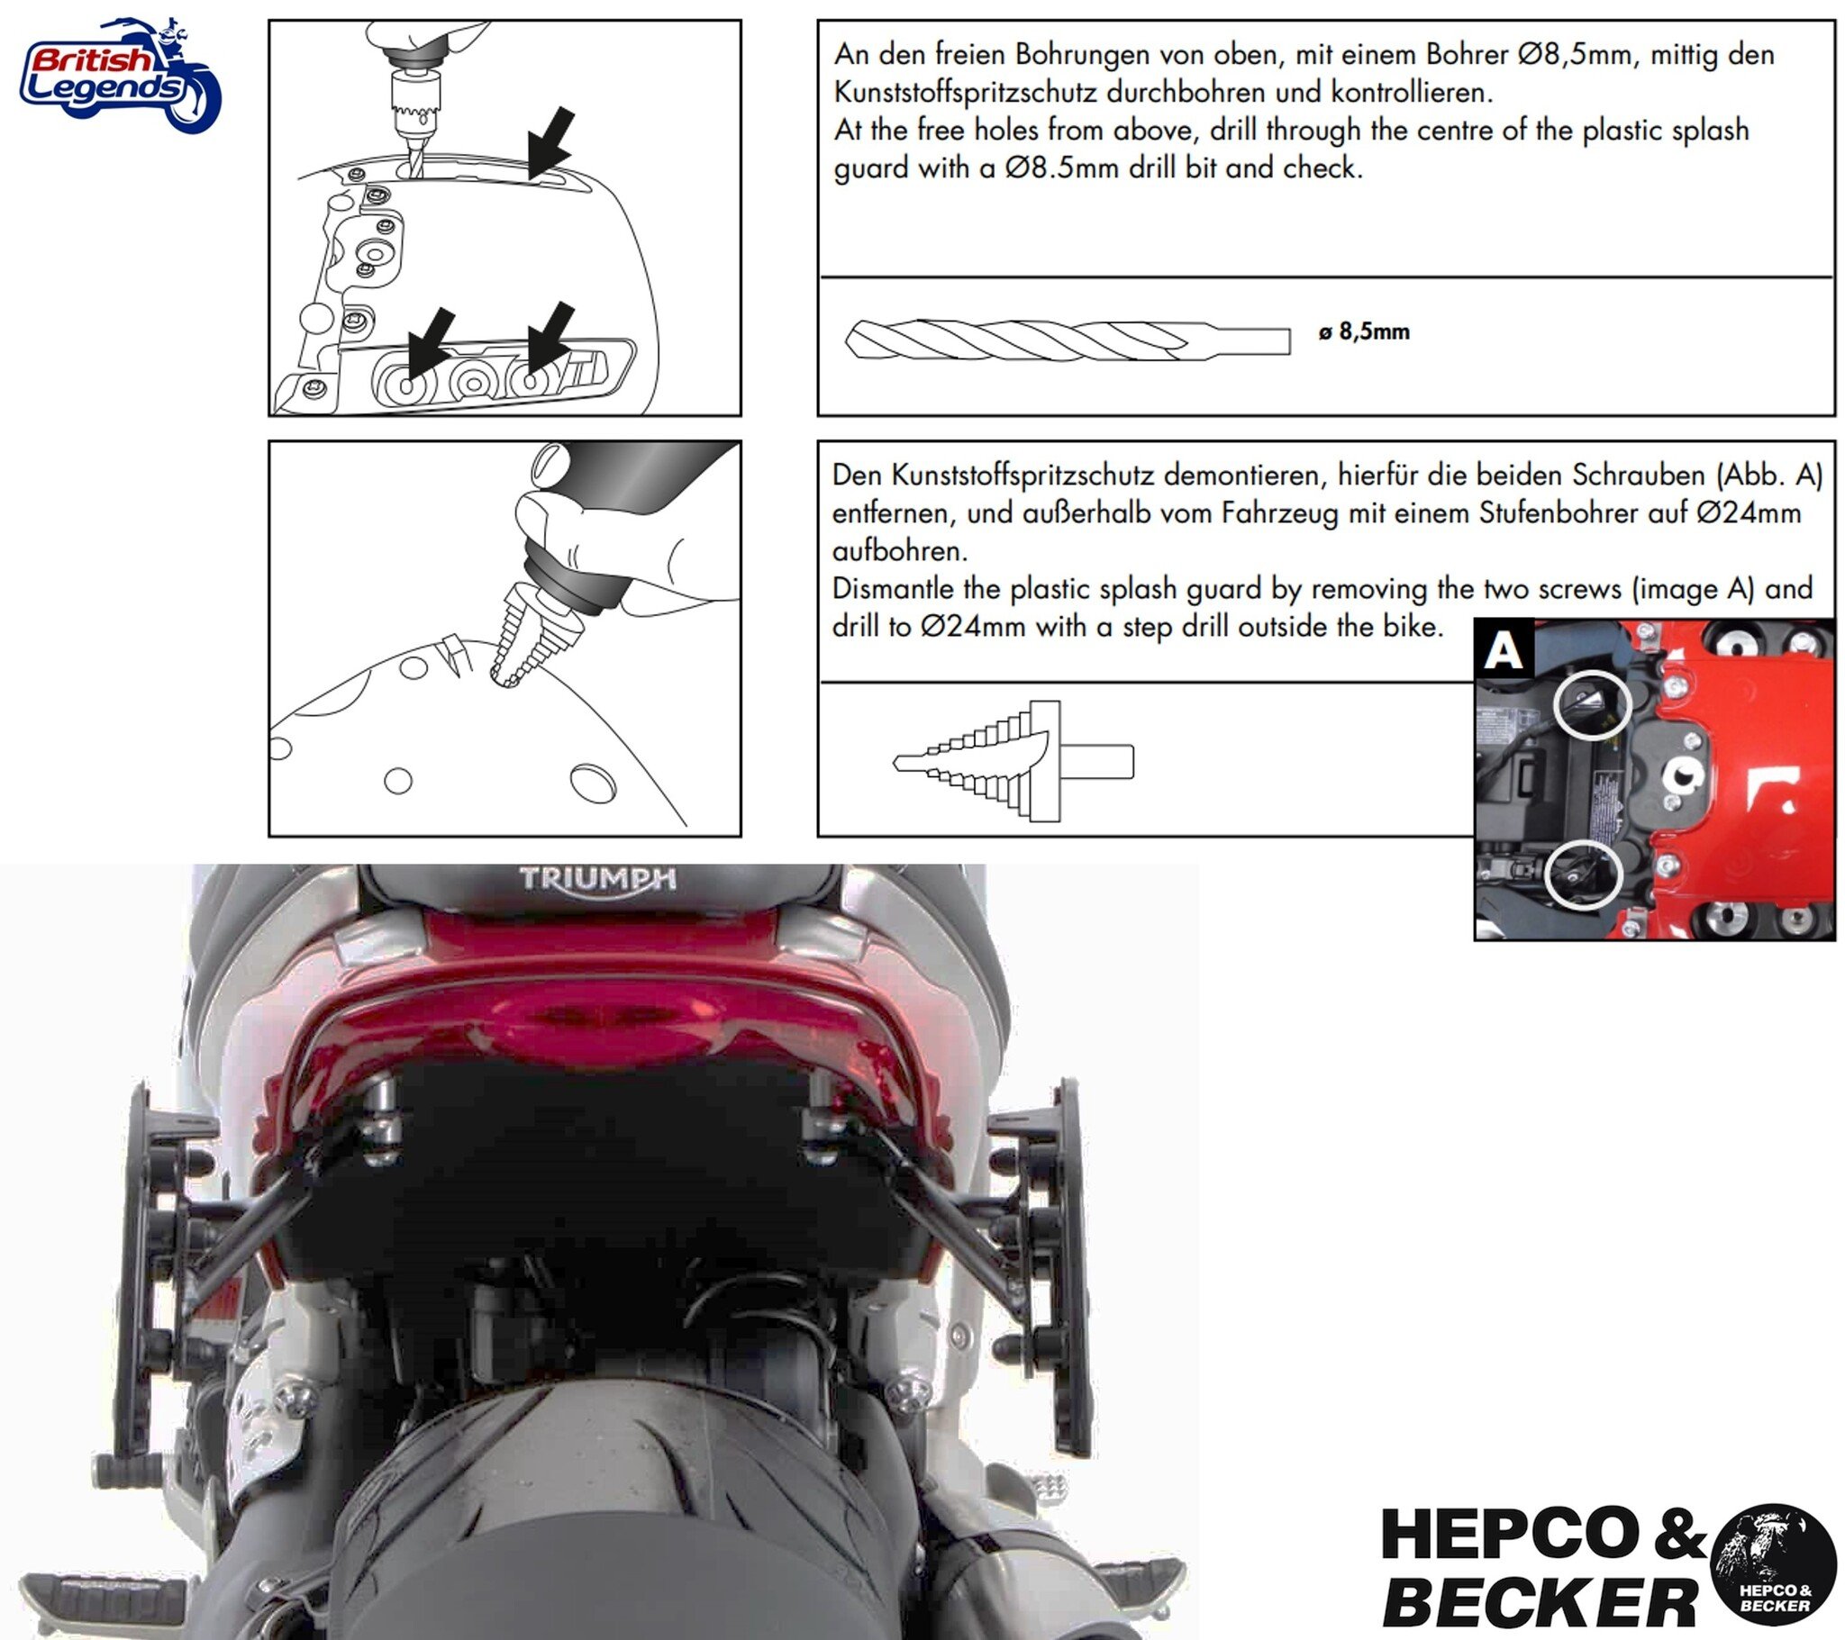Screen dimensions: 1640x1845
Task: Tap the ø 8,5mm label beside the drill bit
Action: tap(1363, 332)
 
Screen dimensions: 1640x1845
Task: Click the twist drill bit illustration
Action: tap(1065, 340)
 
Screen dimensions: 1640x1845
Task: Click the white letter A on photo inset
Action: tap(1503, 650)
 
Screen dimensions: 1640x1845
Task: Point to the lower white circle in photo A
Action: tap(1581, 874)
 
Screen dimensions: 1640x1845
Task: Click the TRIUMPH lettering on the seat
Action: tap(596, 878)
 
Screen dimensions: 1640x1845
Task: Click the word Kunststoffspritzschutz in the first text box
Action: tap(965, 93)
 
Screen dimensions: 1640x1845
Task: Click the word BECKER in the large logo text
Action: tap(1538, 1602)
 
